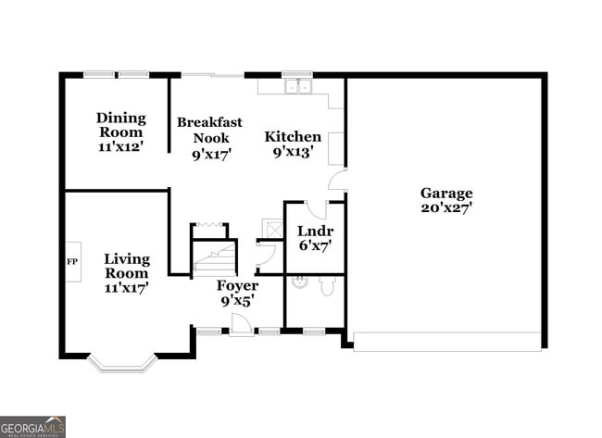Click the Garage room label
pyautogui.click(x=446, y=193)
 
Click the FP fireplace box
pyautogui.click(x=73, y=261)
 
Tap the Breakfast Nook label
pyautogui.click(x=209, y=130)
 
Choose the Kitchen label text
pyautogui.click(x=293, y=137)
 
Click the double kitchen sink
pyautogui.click(x=297, y=87)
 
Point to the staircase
pyautogui.click(x=214, y=257)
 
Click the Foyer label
pyautogui.click(x=237, y=285)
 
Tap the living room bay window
pyautogui.click(x=122, y=363)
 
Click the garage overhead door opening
pyautogui.click(x=447, y=342)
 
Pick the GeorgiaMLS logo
pyautogui.click(x=32, y=426)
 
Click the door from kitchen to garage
pyautogui.click(x=338, y=181)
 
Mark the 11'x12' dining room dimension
pyautogui.click(x=121, y=146)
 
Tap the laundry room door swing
pyautogui.click(x=316, y=209)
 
